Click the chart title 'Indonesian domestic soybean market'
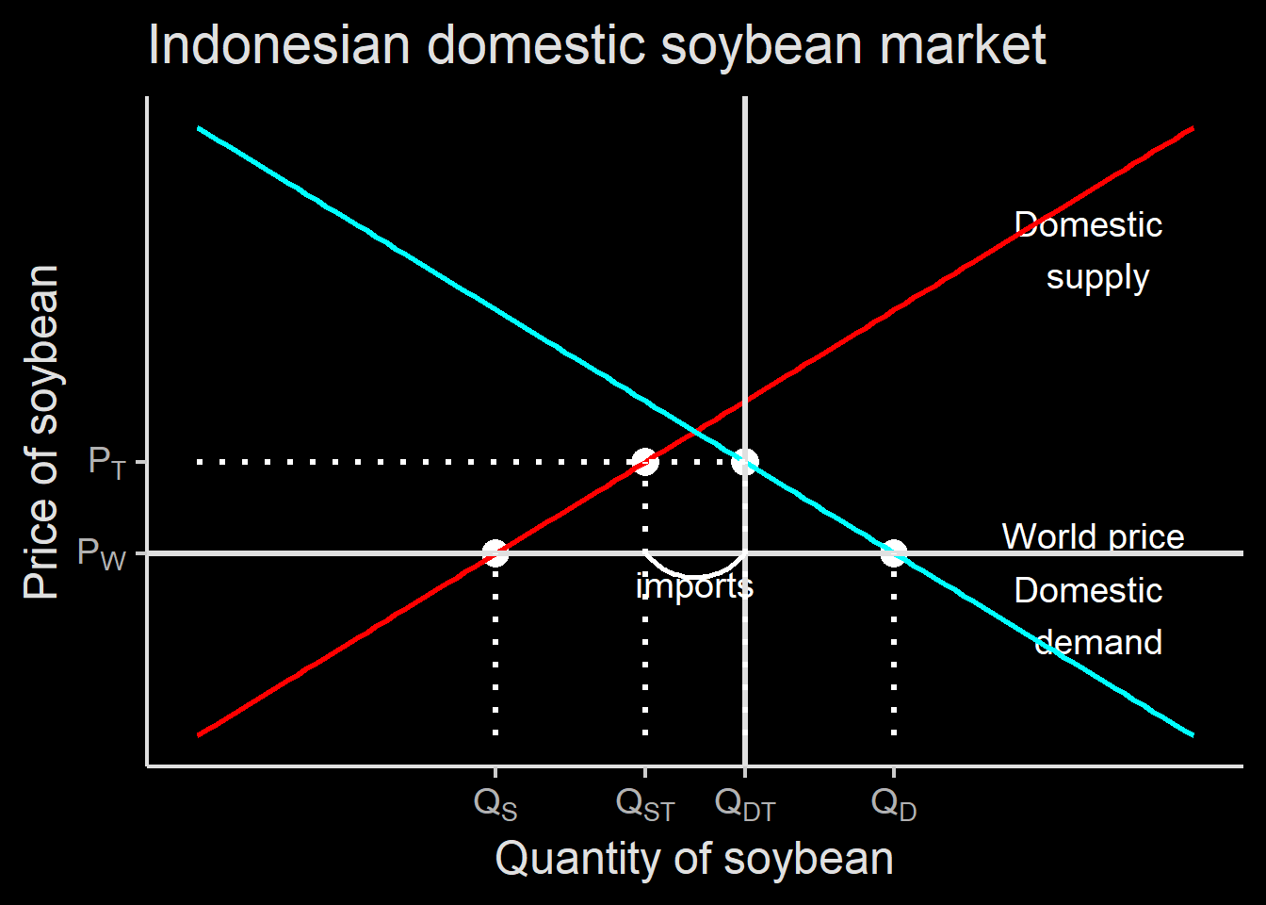597,46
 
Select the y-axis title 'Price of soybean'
41,432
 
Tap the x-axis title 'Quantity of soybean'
694,859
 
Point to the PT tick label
106,462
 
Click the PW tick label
101,553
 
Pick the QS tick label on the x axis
495,804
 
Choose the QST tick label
645,804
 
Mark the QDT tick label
745,804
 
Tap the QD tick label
894,804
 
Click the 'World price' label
1093,536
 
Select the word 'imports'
694,586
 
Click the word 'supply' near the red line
1097,278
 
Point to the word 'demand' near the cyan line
1098,642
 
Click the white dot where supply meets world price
495,553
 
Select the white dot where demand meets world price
894,553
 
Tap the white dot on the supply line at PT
645,462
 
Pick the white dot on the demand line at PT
745,462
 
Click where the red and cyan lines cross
695,432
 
